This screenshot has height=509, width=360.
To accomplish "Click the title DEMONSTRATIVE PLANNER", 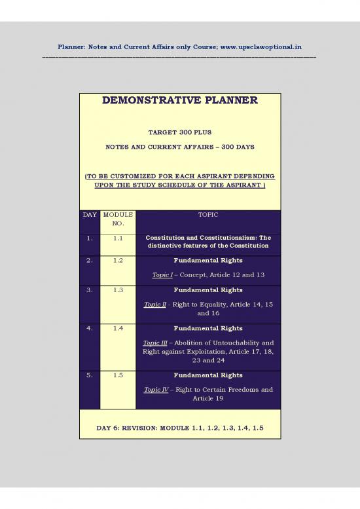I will [179, 100].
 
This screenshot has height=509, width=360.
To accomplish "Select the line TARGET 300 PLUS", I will [179, 132].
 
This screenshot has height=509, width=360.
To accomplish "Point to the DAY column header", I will [89, 214].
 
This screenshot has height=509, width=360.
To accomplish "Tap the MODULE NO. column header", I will [117, 219].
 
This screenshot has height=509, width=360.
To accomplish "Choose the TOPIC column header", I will [207, 214].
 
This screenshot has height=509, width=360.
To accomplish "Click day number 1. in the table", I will [89, 238].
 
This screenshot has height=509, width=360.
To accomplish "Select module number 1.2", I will [117, 260].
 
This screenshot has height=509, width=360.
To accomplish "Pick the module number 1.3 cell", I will [117, 289].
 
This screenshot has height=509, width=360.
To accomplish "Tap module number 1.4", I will [117, 328].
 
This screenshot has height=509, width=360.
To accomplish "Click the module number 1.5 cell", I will [117, 375].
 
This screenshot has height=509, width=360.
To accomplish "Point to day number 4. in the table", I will [89, 328].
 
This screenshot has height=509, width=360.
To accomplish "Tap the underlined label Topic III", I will [155, 343].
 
